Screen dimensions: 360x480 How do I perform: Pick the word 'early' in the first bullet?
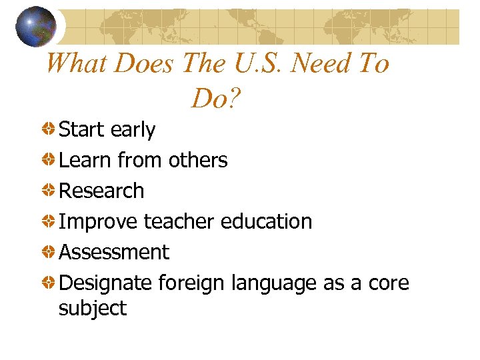click(133, 130)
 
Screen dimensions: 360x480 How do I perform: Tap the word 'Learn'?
click(85, 160)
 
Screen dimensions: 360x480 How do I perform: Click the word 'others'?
click(198, 160)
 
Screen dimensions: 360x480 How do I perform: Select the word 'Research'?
click(101, 191)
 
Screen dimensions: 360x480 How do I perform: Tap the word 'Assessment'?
click(114, 252)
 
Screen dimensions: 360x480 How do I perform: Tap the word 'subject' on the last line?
click(93, 309)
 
